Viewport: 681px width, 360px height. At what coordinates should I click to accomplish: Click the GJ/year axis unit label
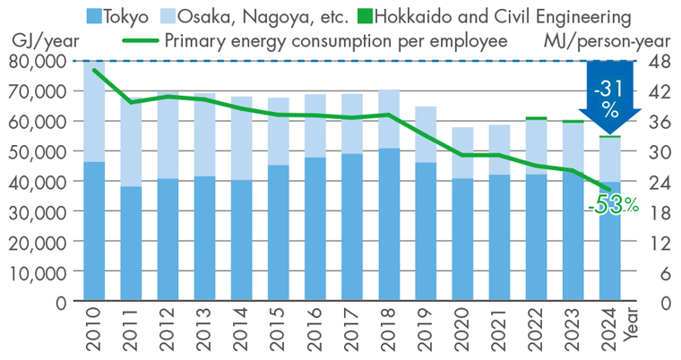(40, 41)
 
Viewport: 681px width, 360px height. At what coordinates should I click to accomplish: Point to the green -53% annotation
(614, 205)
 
